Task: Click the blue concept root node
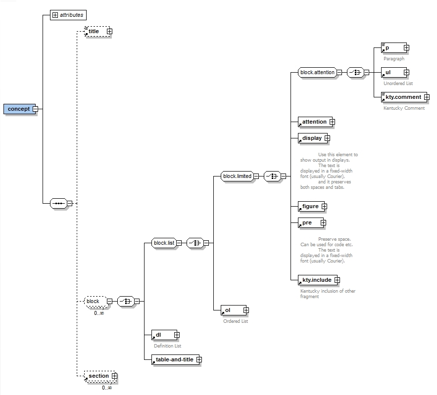(x=19, y=109)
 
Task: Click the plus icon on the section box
(x=114, y=376)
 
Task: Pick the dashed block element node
(x=93, y=301)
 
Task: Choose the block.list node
(x=164, y=243)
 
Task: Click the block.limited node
(x=237, y=176)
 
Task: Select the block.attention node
(x=317, y=72)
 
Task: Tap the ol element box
(x=232, y=310)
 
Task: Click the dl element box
(x=162, y=335)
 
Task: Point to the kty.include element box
(x=317, y=280)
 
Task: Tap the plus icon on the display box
(x=327, y=138)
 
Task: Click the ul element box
(x=391, y=73)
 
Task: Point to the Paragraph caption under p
(x=393, y=58)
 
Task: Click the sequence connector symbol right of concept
(x=59, y=203)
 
